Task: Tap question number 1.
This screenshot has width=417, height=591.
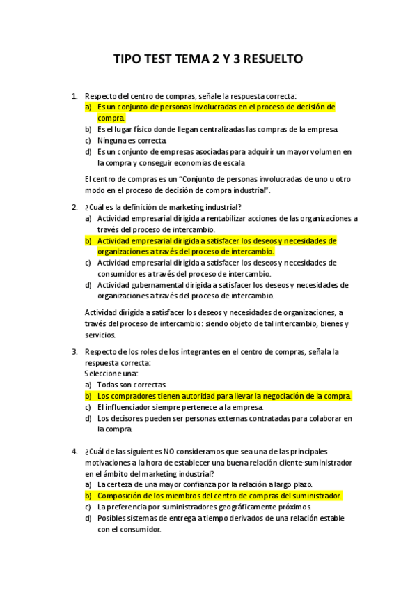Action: tap(74, 96)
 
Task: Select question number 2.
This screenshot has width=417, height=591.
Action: tap(74, 207)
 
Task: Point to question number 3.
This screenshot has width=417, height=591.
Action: tap(74, 352)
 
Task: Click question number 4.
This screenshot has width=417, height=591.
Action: tap(74, 451)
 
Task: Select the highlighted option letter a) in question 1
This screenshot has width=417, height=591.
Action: tap(88, 107)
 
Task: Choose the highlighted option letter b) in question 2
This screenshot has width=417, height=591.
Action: tap(88, 240)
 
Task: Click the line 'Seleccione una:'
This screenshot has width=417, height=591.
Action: tap(111, 374)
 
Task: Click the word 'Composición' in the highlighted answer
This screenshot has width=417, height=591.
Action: tap(121, 496)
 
